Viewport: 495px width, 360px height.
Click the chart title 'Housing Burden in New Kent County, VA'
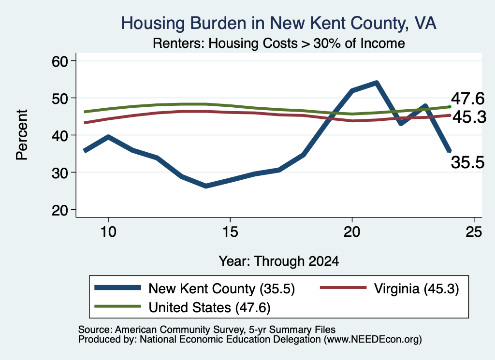click(279, 23)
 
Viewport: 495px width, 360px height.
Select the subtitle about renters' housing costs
click(279, 43)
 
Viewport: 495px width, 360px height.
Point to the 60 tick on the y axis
click(60, 61)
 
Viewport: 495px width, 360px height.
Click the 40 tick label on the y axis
click(60, 135)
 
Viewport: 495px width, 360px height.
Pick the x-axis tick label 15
click(230, 232)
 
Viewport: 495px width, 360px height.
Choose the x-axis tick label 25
click(474, 232)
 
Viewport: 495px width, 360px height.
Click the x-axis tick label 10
click(108, 232)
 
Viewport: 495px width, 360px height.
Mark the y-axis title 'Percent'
click(22, 135)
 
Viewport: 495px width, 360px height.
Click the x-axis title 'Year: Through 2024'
click(279, 261)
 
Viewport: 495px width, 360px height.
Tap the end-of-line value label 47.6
click(467, 99)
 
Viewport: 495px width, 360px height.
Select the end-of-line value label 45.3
click(469, 117)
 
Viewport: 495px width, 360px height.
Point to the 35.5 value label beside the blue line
click(467, 162)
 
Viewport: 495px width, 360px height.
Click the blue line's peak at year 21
click(376, 83)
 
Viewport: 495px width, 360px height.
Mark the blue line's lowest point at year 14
click(206, 186)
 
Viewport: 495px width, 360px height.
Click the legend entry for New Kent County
click(194, 288)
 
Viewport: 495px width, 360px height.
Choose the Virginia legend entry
click(389, 288)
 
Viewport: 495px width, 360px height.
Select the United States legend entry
click(182, 307)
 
